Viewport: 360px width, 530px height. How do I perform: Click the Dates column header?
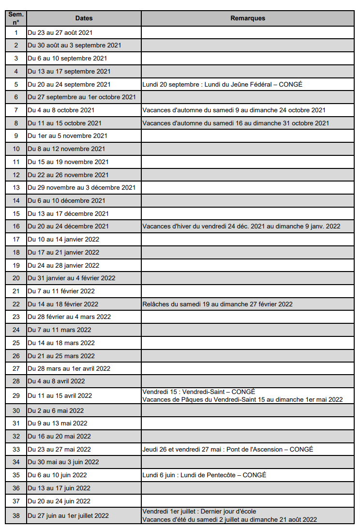(x=84, y=18)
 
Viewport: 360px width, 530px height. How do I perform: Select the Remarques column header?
(x=248, y=18)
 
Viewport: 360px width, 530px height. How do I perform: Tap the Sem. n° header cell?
(x=16, y=18)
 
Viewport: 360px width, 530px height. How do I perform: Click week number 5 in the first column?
(x=16, y=84)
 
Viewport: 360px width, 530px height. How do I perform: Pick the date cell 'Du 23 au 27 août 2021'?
(x=60, y=33)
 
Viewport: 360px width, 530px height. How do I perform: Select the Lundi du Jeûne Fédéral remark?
(x=222, y=84)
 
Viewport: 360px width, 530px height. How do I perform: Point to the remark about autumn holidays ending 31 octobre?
(x=236, y=123)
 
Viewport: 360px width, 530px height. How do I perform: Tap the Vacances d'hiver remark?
(x=241, y=226)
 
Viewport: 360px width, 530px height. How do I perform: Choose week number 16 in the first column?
(x=16, y=226)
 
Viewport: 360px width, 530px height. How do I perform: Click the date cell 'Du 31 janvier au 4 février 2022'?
(x=72, y=278)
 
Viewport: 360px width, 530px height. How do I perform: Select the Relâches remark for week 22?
(x=217, y=304)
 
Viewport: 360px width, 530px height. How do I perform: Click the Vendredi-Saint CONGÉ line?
(x=199, y=392)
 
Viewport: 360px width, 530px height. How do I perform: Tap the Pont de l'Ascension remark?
(x=227, y=449)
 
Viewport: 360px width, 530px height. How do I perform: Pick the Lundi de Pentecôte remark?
(x=204, y=475)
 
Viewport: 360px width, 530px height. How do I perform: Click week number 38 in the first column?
(x=16, y=515)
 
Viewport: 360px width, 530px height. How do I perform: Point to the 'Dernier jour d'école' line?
(x=199, y=512)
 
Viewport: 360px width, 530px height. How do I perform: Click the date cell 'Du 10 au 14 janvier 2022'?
(x=63, y=239)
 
